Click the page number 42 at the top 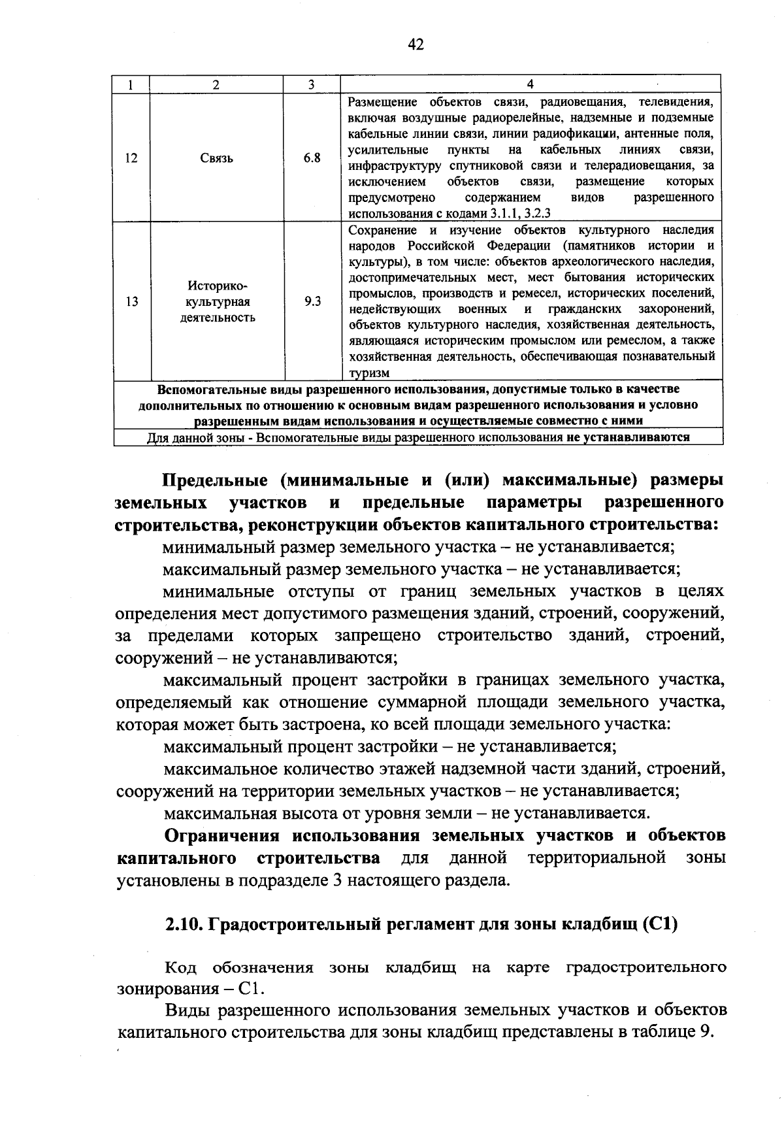(x=416, y=44)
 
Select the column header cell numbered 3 (x=312, y=84)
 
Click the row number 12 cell (x=131, y=158)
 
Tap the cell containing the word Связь (x=216, y=158)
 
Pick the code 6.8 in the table (x=312, y=158)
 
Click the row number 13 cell (x=131, y=302)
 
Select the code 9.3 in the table (x=312, y=302)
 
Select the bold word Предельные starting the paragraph (x=214, y=480)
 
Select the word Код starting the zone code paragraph (x=180, y=967)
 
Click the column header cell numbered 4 (x=530, y=84)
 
